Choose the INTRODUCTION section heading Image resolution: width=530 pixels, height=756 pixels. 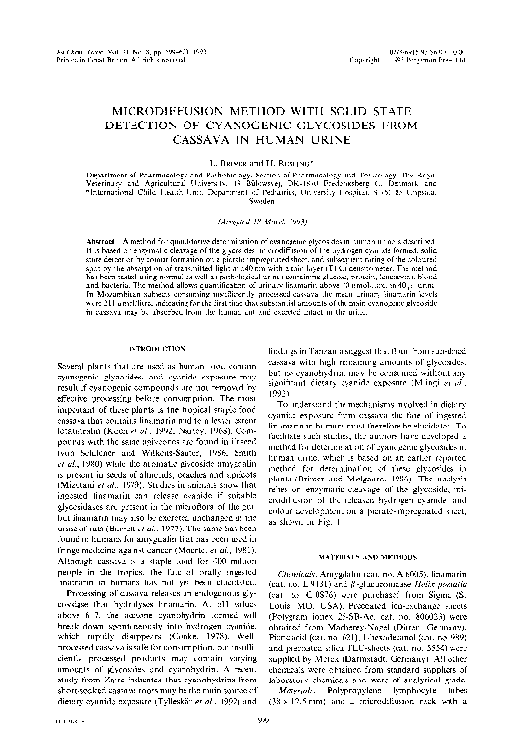tap(160, 349)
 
